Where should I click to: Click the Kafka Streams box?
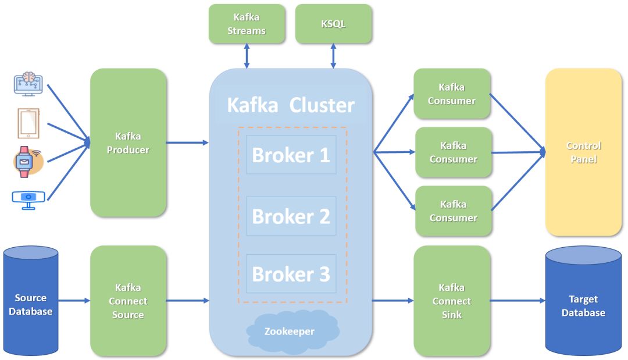click(x=247, y=24)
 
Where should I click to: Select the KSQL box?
click(x=333, y=24)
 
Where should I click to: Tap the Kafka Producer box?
click(x=129, y=143)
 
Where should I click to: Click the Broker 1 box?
click(x=291, y=155)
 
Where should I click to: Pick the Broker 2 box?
click(x=291, y=216)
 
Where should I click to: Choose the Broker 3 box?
click(x=291, y=273)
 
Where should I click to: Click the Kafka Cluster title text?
click(x=290, y=105)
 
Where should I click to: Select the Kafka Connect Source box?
click(x=129, y=301)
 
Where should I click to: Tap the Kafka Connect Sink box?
click(x=452, y=301)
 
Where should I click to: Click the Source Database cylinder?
click(x=31, y=301)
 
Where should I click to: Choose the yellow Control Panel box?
click(x=583, y=152)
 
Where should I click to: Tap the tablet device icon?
click(x=28, y=123)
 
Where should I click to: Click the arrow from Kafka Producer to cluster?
click(x=187, y=142)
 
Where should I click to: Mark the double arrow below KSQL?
click(x=333, y=56)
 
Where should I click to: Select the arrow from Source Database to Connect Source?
click(x=74, y=300)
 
